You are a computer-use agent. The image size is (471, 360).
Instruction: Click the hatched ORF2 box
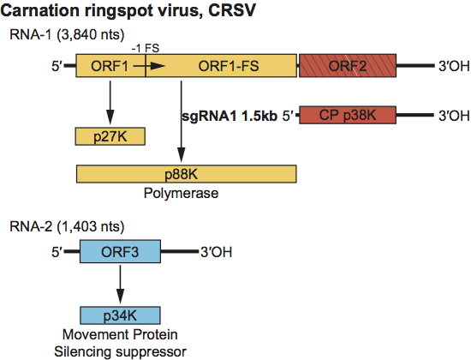[x=348, y=66]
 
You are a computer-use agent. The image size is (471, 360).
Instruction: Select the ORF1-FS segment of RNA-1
[x=221, y=66]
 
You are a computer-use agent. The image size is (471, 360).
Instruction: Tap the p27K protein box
[x=110, y=136]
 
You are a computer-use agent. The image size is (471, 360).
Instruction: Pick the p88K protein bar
[x=186, y=174]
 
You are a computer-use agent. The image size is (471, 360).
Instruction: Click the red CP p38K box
[x=348, y=115]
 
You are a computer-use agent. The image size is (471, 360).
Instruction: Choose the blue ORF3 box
[x=120, y=251]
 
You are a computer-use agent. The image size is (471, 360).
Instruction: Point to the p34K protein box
[x=120, y=315]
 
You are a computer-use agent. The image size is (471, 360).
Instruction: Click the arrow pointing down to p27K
[x=110, y=102]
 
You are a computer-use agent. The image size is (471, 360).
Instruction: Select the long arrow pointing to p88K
[x=181, y=122]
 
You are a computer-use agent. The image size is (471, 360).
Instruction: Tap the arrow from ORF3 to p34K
[x=120, y=285]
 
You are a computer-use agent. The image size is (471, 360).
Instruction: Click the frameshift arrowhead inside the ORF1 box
[x=158, y=66]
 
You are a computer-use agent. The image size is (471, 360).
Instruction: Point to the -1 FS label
[x=146, y=48]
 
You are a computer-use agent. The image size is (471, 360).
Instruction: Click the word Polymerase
[x=181, y=193]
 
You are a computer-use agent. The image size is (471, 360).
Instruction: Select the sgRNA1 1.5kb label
[x=230, y=116]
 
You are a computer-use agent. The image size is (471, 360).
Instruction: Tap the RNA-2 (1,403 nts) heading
[x=67, y=226]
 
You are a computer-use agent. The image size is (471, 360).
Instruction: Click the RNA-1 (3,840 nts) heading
[x=67, y=34]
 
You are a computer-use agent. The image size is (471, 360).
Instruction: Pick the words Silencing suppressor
[x=120, y=351]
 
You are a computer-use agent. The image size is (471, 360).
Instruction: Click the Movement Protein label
[x=120, y=334]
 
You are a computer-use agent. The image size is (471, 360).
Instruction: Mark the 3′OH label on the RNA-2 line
[x=217, y=252]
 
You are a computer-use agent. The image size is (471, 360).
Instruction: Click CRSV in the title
[x=231, y=10]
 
